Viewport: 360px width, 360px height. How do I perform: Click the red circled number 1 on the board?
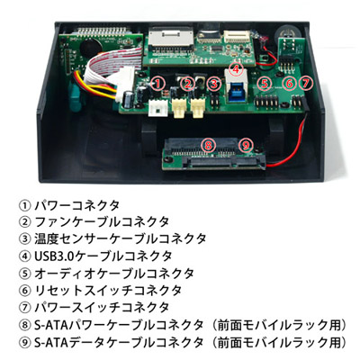[x=157, y=83]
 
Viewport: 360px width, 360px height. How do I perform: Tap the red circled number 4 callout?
[x=237, y=69]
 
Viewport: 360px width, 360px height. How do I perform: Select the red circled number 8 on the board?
[x=208, y=146]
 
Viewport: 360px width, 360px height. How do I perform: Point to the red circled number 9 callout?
[x=246, y=146]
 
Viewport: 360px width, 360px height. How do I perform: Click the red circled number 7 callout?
[x=305, y=83]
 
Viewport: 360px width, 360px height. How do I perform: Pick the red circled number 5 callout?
[x=264, y=84]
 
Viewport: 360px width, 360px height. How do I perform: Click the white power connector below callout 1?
[x=157, y=109]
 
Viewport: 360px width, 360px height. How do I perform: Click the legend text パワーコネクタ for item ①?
[x=77, y=205]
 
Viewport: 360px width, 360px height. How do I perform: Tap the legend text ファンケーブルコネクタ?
[x=103, y=222]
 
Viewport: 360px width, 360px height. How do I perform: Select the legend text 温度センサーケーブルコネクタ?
[x=121, y=239]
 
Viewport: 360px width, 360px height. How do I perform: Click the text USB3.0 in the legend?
[x=54, y=256]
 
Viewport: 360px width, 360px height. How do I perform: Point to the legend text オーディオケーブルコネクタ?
[x=114, y=274]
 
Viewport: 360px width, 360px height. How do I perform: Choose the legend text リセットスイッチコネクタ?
[x=108, y=290]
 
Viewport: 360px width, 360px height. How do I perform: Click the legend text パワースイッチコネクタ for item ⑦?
[x=103, y=307]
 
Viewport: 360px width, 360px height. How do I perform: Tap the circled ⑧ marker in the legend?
[x=25, y=325]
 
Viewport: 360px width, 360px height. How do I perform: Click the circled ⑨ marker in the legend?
[x=25, y=342]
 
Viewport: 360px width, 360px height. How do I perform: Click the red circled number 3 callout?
[x=214, y=84]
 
